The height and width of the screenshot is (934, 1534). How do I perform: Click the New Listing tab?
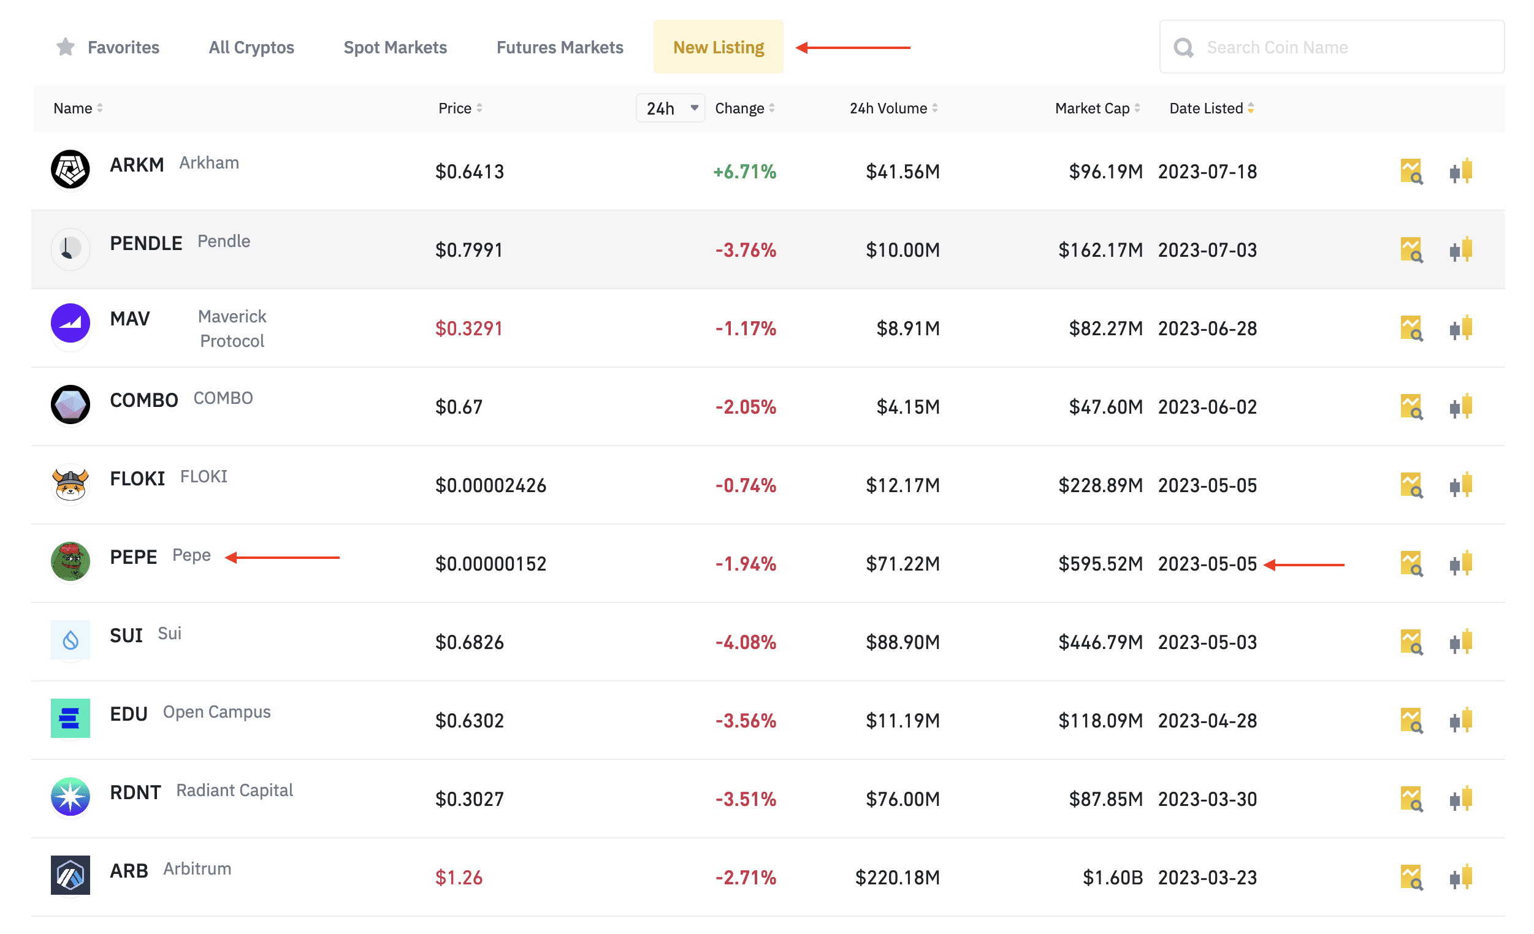718,47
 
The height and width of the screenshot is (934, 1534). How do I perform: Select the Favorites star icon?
66,47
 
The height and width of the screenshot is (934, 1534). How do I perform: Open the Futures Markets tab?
560,47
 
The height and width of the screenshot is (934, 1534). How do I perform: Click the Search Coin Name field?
1332,47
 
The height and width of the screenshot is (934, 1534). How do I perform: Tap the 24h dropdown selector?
671,108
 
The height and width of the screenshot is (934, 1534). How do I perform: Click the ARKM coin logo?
71,169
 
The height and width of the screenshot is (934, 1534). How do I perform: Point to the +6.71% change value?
744,172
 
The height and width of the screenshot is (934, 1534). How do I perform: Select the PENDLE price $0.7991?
469,250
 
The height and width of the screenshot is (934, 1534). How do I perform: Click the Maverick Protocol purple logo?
71,324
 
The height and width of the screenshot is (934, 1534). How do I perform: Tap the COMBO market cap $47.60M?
1105,407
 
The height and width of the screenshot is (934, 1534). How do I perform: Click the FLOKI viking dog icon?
71,484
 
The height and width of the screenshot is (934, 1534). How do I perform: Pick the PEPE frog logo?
71,561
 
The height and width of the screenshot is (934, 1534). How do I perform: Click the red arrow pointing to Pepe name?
283,558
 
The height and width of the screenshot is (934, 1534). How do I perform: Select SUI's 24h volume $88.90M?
902,642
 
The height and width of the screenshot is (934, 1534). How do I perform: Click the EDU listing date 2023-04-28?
1207,721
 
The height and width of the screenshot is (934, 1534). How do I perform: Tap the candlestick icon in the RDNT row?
1460,799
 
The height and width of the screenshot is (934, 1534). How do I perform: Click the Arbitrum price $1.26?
459,878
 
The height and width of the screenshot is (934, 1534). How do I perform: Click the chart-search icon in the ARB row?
1411,878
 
